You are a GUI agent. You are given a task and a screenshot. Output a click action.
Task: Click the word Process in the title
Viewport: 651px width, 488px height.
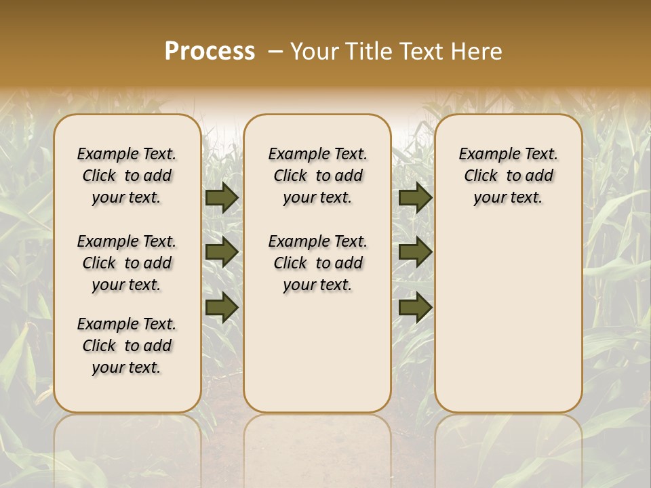tap(210, 52)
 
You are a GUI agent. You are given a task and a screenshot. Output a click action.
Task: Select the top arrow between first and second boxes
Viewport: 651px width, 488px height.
tap(222, 197)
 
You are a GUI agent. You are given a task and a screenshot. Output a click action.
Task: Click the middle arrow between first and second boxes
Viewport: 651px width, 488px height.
tap(222, 253)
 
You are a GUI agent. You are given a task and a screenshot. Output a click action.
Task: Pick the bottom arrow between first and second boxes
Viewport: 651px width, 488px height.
tap(222, 307)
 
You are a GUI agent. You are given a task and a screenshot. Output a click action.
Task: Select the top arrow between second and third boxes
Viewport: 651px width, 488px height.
tap(415, 197)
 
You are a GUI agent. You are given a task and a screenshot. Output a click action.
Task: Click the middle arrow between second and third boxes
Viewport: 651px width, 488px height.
tap(415, 253)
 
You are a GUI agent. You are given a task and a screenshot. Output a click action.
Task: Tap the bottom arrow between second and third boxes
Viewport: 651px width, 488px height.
tap(415, 307)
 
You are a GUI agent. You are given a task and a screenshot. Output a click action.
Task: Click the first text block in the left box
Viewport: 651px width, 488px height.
tap(127, 176)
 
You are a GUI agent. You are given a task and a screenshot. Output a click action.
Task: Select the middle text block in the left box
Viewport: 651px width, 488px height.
tap(127, 263)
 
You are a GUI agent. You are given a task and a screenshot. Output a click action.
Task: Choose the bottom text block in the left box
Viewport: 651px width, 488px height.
tap(127, 346)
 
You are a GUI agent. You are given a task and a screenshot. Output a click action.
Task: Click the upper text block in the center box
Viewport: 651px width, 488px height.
tap(317, 176)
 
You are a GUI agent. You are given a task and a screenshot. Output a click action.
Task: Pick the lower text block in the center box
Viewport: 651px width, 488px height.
tap(317, 263)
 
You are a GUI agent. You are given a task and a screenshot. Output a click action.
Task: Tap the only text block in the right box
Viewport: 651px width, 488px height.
tap(508, 176)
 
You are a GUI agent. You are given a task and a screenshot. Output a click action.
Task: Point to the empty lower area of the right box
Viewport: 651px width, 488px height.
tap(508, 312)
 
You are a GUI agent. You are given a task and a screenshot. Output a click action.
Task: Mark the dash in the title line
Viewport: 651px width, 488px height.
tap(275, 52)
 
